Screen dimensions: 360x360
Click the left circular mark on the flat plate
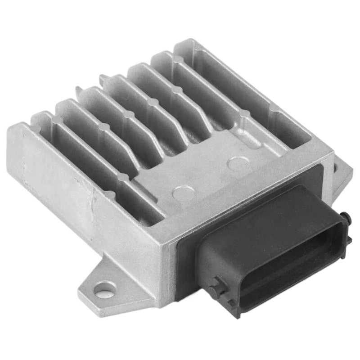(180, 193)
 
